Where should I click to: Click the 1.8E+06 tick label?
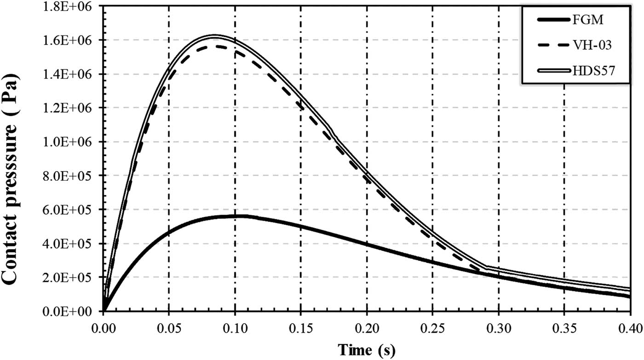[72, 6]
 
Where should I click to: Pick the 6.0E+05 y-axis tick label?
[72, 210]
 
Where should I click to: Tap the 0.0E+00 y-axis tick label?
[72, 312]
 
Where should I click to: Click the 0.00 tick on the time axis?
[103, 327]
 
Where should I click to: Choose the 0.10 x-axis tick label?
[235, 327]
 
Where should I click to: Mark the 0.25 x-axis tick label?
[432, 327]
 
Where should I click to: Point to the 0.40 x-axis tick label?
[630, 327]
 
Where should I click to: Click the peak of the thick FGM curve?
[235, 217]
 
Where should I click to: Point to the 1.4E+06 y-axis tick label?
[72, 74]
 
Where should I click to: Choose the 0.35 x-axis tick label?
[564, 327]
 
